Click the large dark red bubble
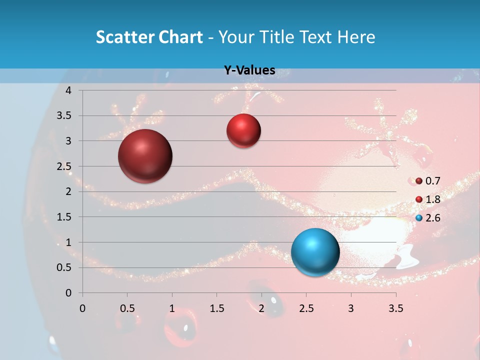145,156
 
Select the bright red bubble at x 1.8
243,131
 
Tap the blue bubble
315,252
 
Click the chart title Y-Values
249,70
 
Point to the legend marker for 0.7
419,181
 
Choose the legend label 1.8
432,199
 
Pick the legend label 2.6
432,218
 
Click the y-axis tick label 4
69,90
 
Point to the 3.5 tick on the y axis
65,115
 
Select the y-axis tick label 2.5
65,166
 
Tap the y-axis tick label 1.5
65,217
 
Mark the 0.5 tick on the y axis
65,267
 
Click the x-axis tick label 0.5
127,308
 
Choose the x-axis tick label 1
172,308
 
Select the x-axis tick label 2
261,308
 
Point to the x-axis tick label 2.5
306,308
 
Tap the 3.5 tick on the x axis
395,308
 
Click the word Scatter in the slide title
124,37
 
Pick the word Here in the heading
356,37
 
